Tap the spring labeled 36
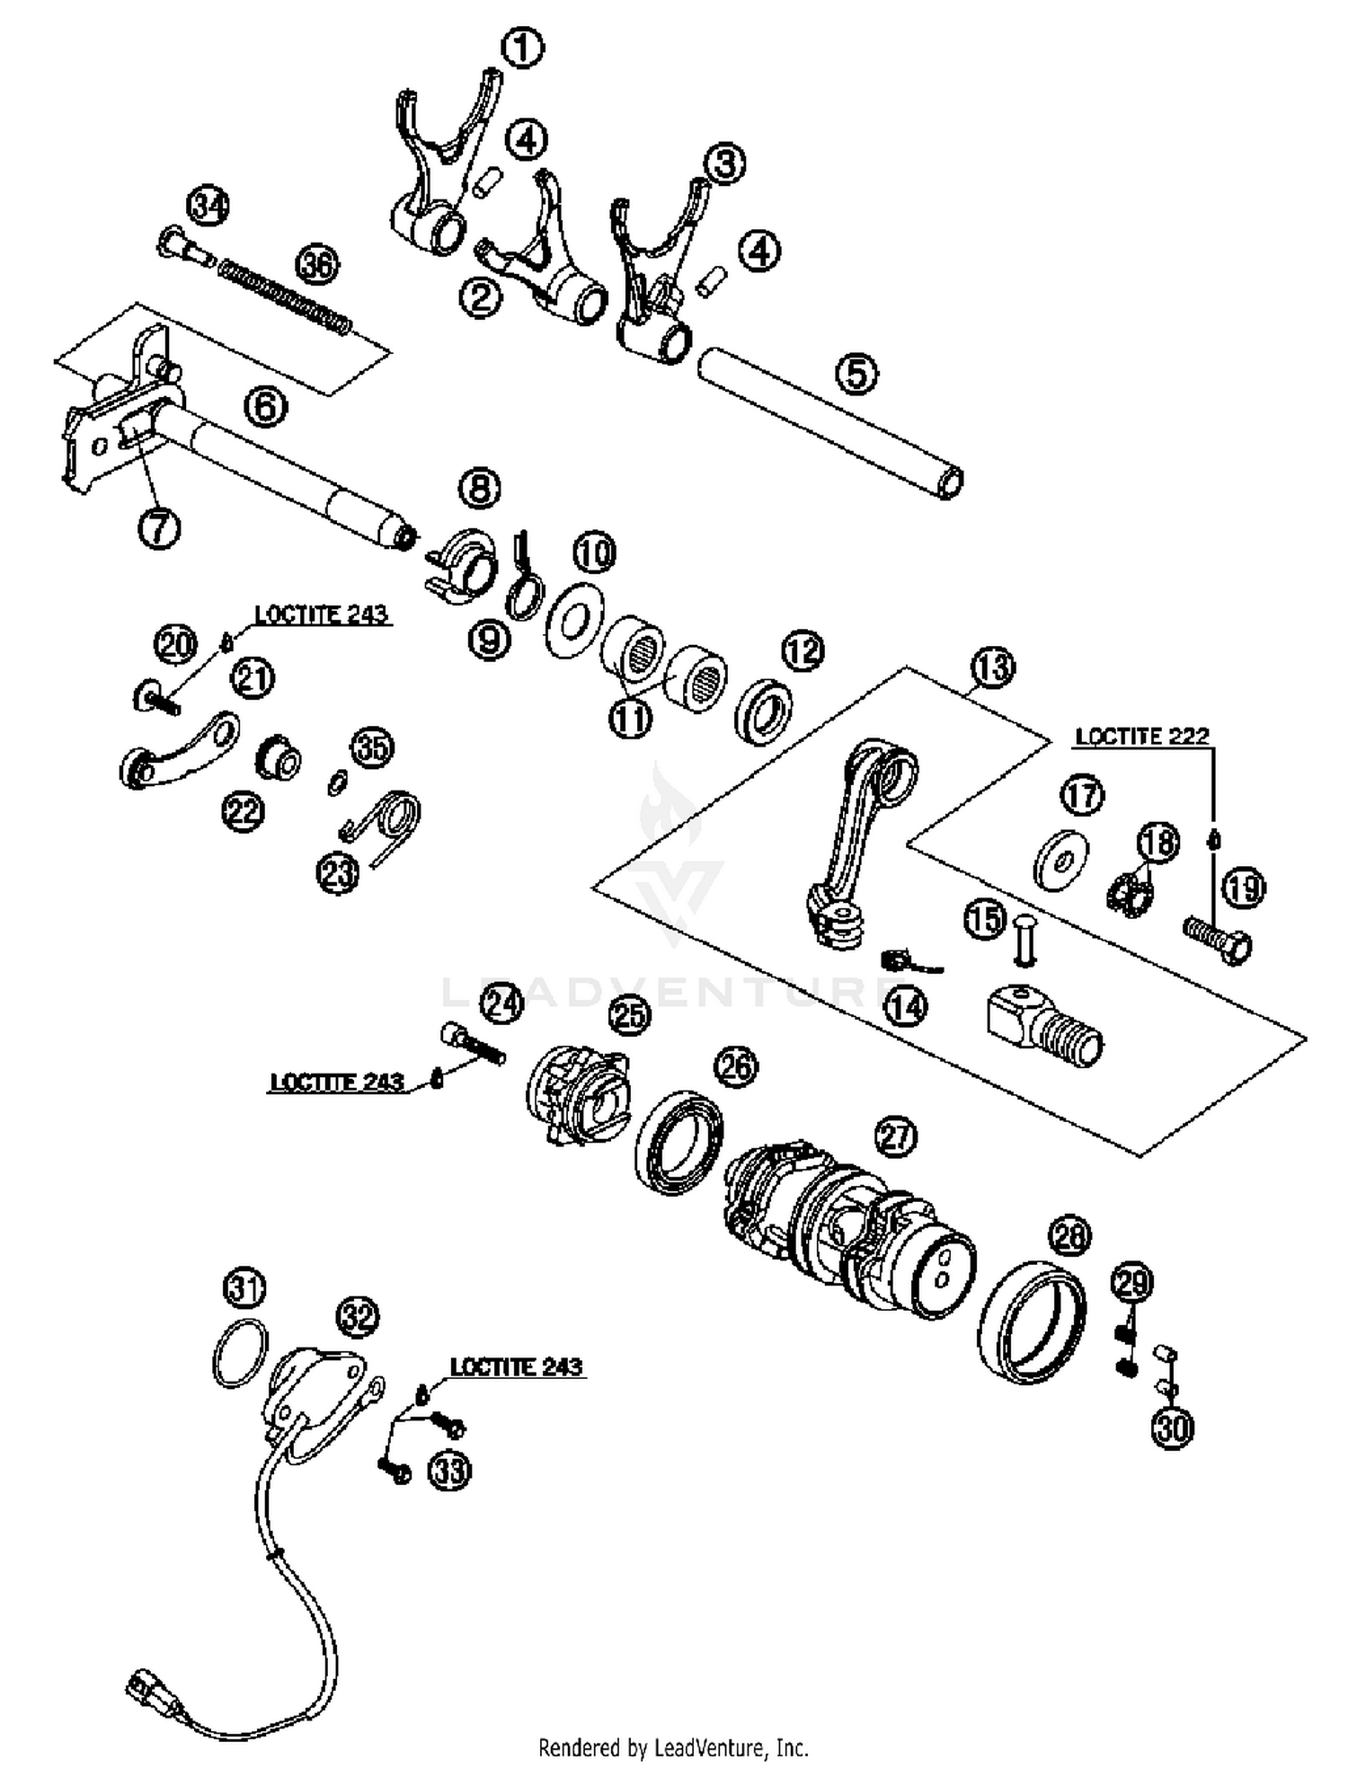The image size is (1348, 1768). [286, 297]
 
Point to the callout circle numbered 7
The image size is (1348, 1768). [159, 528]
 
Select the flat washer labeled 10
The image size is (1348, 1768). [574, 620]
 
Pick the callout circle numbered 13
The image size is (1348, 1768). [992, 667]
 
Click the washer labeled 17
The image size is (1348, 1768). [1060, 861]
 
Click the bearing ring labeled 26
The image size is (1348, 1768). [678, 1142]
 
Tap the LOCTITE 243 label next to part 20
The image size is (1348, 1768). [321, 614]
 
